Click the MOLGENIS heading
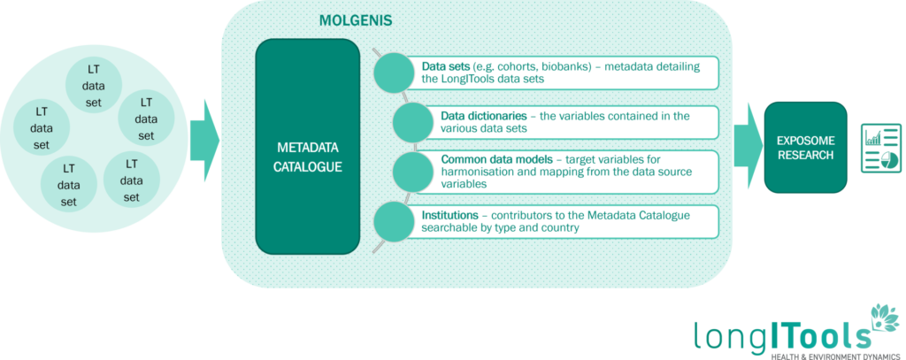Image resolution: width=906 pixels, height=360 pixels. coord(356,21)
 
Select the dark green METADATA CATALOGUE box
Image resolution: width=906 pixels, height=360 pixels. coord(308,146)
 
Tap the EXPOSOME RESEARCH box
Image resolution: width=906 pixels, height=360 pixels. coord(805,148)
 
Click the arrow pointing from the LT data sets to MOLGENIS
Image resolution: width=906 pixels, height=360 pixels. coord(204,141)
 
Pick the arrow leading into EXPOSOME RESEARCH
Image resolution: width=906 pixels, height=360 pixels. coord(749,146)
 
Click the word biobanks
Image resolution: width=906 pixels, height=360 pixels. coord(566,66)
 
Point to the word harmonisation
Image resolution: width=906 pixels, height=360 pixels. coord(473,172)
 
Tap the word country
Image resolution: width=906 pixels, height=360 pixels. coord(559,228)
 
